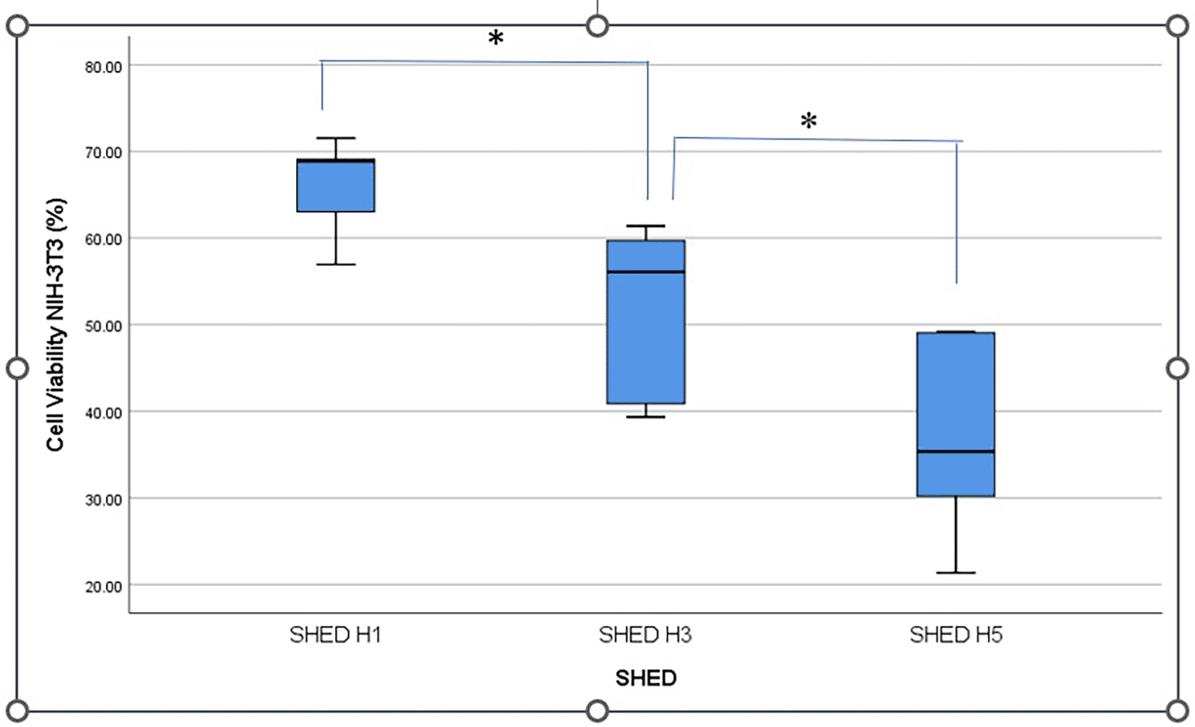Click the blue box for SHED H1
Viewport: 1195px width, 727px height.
coord(336,186)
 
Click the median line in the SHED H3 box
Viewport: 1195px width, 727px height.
coord(646,272)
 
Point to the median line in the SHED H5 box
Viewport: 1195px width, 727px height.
coord(956,452)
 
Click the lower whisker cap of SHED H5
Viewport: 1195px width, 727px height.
coord(956,573)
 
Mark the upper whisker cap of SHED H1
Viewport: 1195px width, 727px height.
coord(336,138)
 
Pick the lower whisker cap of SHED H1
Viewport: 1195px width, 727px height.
coord(336,264)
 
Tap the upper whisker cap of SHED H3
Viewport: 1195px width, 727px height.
coord(646,226)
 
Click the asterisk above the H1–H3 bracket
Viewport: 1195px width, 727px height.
coord(496,38)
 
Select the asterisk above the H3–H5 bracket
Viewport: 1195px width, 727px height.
coord(808,121)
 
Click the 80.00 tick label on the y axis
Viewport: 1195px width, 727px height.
coord(103,67)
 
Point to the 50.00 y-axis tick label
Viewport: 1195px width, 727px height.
coord(103,327)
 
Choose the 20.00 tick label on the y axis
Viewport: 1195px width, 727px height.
coord(103,587)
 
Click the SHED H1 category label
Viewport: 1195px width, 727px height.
coord(335,635)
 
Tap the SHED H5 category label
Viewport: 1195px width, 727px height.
coord(956,635)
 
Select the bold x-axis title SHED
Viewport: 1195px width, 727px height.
coord(646,678)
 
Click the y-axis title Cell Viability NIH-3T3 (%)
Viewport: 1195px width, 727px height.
coord(56,325)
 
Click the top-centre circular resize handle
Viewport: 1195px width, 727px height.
coord(597,26)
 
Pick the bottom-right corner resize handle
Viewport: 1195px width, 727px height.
coord(1178,710)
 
